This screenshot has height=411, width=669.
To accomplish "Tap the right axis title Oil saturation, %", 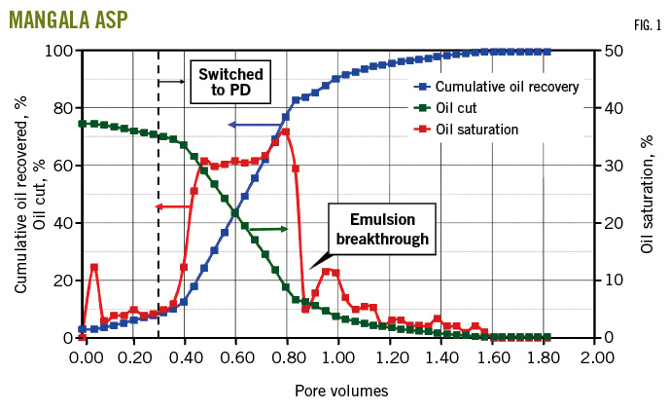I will point(649,195).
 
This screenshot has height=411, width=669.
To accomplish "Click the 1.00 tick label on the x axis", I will point(338,357).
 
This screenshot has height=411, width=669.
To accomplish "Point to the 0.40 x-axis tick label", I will point(186,357).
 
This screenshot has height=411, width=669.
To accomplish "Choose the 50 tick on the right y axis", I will point(614,51).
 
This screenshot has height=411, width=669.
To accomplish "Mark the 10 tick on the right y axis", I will point(614,280).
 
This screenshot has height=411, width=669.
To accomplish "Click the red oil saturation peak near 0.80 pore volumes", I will point(286,131).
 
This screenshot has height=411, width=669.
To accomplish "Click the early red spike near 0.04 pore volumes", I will point(94,267).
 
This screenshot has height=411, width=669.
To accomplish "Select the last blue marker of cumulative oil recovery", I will point(547,52).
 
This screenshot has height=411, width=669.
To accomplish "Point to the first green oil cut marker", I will point(83,124).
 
